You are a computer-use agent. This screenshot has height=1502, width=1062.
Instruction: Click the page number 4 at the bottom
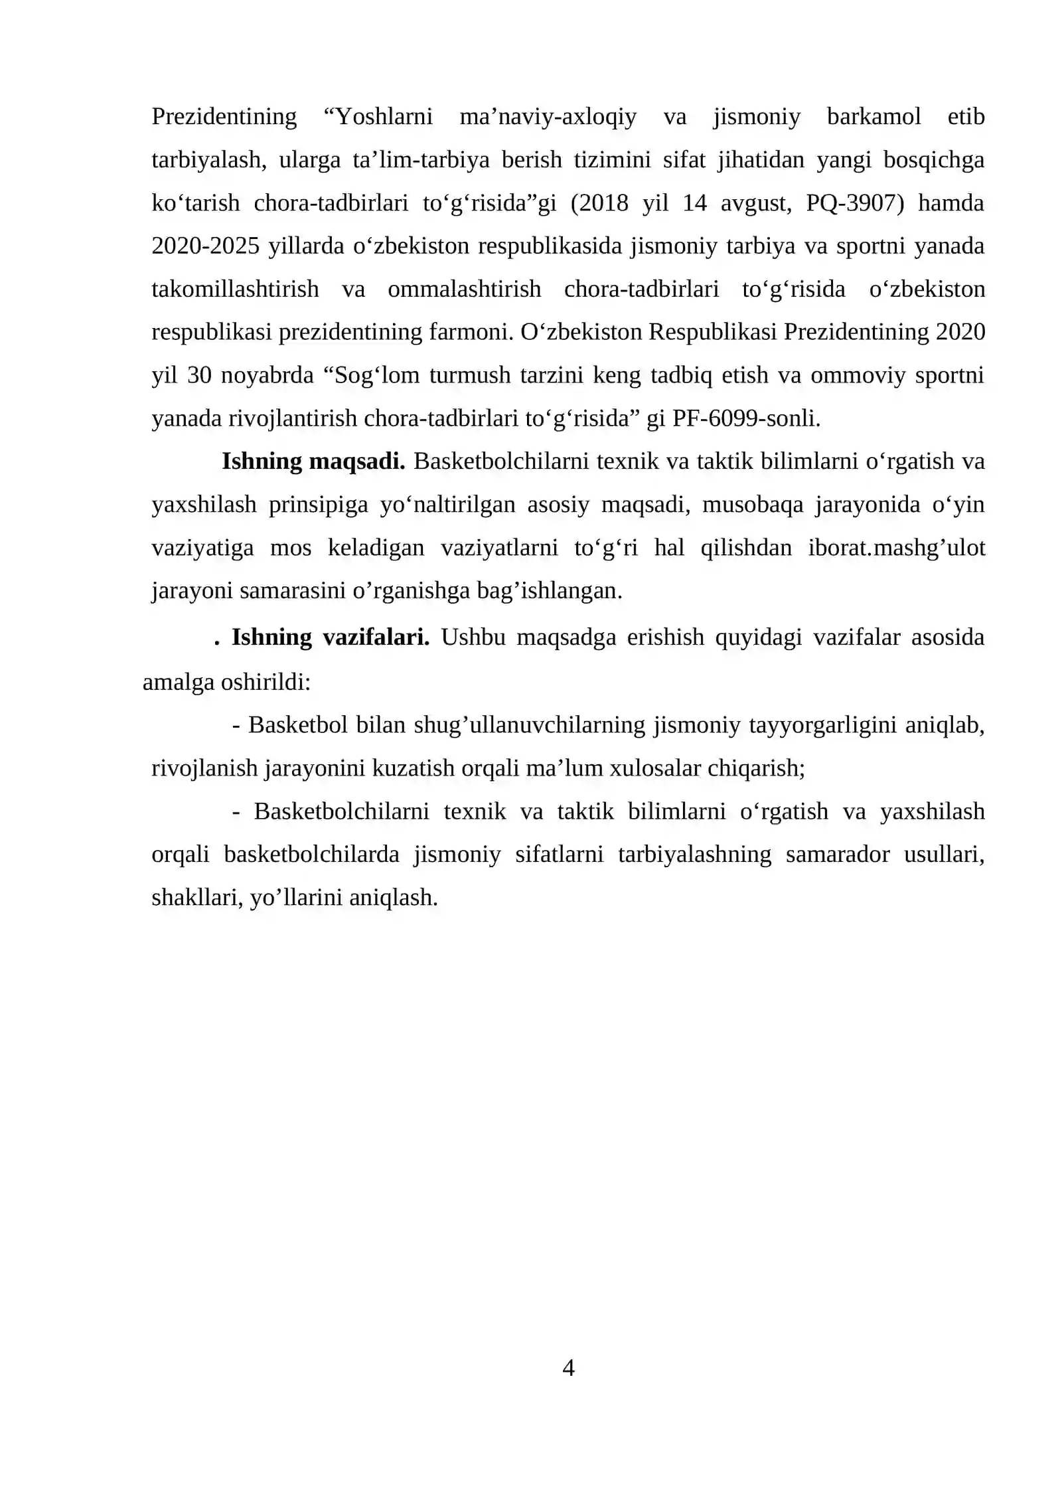point(568,1368)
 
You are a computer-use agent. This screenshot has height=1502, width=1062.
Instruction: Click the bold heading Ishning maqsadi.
point(313,461)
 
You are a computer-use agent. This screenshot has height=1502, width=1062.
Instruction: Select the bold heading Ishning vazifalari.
point(330,637)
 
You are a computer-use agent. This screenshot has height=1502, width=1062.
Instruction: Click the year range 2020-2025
point(206,246)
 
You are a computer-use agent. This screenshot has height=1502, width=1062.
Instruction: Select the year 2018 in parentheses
point(601,203)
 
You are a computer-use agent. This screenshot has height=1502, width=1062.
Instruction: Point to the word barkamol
point(873,117)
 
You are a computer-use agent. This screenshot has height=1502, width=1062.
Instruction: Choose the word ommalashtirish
point(465,290)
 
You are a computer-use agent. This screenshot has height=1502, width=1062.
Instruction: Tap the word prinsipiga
point(318,505)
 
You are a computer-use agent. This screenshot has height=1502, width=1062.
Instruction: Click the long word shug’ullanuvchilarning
point(529,724)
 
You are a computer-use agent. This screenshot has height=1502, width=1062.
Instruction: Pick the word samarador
point(838,855)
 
